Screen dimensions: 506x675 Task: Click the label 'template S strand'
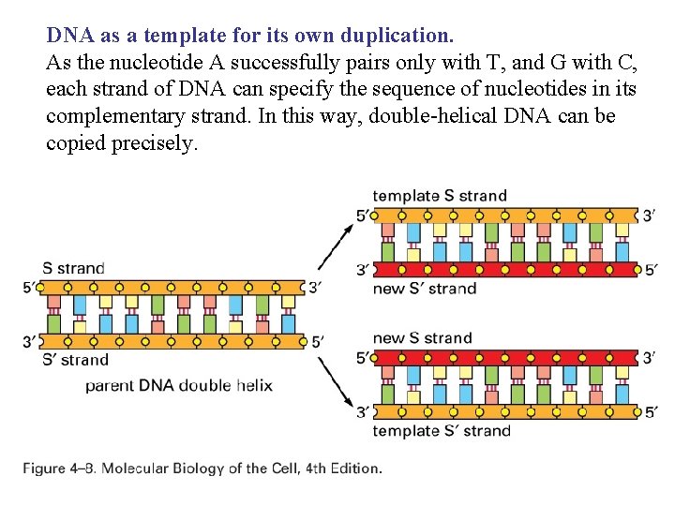tap(440, 196)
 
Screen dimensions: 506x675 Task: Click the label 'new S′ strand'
tap(425, 289)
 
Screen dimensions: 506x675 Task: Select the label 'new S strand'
tap(422, 337)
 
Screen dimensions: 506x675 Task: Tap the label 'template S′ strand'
tap(442, 431)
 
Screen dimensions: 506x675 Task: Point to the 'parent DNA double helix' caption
tap(178, 385)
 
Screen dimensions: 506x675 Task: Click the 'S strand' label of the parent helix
tap(73, 268)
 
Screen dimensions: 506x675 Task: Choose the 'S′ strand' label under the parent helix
tap(75, 360)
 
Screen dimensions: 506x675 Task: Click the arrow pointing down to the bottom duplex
tap(333, 383)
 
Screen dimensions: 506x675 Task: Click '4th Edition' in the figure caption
tap(343, 468)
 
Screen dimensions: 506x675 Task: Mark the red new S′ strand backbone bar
tap(506, 270)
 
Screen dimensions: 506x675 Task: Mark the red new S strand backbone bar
tap(506, 358)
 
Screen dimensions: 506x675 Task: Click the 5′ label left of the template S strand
tap(363, 216)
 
